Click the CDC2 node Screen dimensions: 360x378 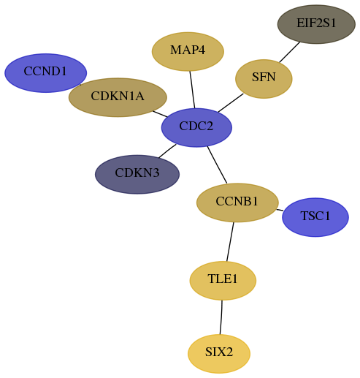(x=196, y=127)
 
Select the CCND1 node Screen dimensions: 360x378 (x=45, y=73)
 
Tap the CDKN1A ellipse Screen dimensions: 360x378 (x=118, y=97)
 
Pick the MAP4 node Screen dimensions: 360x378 (x=188, y=51)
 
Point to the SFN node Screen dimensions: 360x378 (x=264, y=79)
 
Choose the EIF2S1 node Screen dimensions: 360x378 (x=316, y=24)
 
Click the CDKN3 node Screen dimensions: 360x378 (x=137, y=174)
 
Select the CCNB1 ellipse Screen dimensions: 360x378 (x=237, y=203)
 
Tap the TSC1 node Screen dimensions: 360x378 (x=315, y=217)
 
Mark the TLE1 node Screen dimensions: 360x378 (x=223, y=281)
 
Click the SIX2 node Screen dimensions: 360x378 (x=219, y=354)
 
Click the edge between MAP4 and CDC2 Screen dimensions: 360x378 (x=192, y=89)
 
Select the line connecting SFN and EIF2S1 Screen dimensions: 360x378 (x=289, y=52)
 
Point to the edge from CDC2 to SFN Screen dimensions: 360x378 (x=231, y=103)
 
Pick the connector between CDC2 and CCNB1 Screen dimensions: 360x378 (x=217, y=165)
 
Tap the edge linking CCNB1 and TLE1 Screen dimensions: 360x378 (x=230, y=241)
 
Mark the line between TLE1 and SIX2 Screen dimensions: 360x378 (x=221, y=317)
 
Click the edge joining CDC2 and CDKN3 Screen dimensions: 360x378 (x=167, y=151)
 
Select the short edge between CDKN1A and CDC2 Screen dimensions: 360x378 (x=160, y=114)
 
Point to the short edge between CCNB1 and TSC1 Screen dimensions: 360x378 (x=280, y=210)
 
